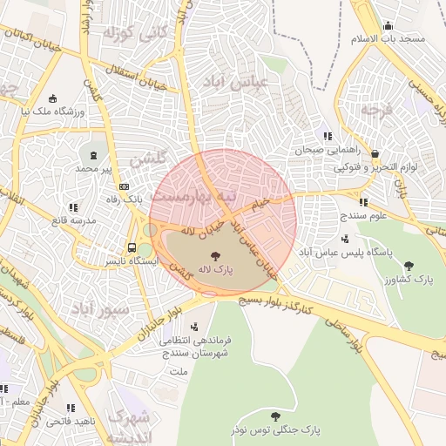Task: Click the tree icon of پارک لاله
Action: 215,255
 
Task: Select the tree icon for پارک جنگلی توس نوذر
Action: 276,416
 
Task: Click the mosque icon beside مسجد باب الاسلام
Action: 388,26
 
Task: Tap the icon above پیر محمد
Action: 94,154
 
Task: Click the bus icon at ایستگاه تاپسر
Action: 132,247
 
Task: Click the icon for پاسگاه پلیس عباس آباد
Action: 347,238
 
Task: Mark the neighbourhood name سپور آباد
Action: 100,309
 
